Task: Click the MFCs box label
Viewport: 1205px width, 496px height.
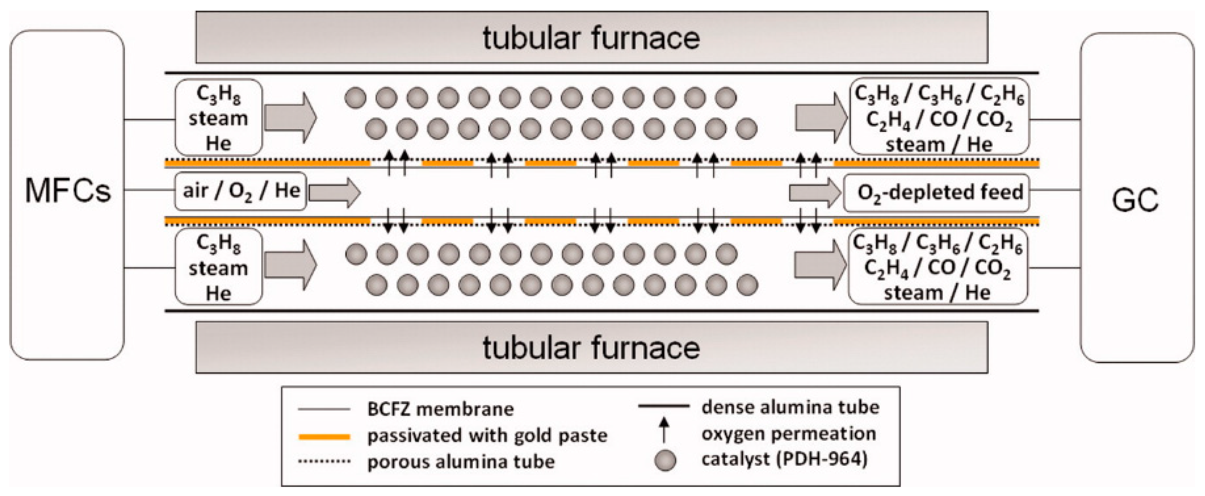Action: [x=68, y=191]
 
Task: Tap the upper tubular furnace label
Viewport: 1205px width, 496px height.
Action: [x=591, y=38]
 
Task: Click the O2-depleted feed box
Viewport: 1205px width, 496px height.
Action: [x=937, y=193]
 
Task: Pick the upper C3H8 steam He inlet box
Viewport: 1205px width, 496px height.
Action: [x=219, y=118]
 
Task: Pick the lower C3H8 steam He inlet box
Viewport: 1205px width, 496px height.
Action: [x=219, y=267]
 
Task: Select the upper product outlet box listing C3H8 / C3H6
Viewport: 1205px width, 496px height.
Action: [x=938, y=118]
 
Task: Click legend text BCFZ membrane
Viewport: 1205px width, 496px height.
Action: [x=440, y=410]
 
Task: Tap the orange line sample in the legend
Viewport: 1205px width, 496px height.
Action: [x=324, y=437]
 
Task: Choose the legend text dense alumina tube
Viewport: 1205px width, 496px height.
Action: [x=790, y=407]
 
